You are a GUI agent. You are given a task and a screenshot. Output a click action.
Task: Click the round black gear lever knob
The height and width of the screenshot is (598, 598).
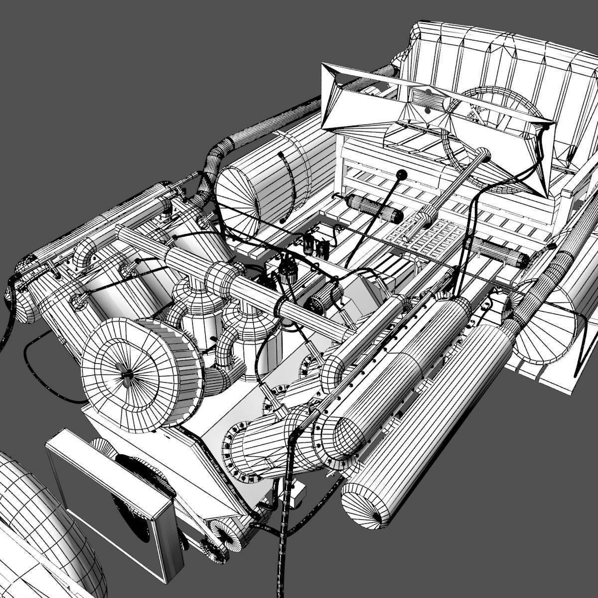click(x=402, y=175)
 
